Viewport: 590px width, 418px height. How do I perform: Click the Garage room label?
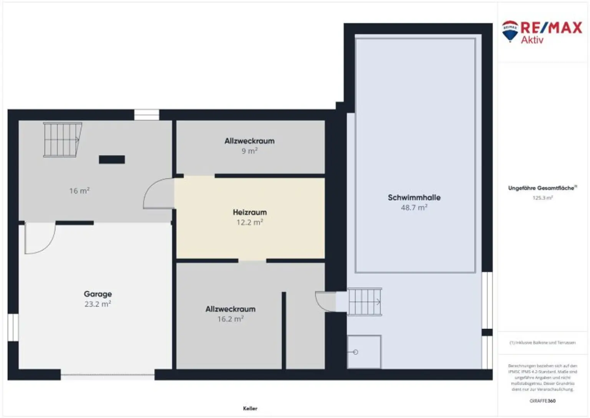[98, 294]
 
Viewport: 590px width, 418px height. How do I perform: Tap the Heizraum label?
[250, 212]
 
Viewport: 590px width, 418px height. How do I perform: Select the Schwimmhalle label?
[414, 198]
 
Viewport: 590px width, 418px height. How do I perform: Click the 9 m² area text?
[249, 151]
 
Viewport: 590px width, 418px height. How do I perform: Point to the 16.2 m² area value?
[230, 319]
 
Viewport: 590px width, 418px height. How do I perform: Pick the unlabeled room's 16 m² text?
[80, 191]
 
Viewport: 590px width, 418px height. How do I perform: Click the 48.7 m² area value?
[414, 208]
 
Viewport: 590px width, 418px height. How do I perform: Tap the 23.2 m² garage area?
[98, 304]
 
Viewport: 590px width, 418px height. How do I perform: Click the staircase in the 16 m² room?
[62, 140]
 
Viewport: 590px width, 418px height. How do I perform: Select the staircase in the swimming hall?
[365, 302]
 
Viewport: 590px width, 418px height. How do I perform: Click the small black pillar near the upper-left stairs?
[112, 159]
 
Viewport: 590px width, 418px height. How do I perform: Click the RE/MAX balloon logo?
[510, 31]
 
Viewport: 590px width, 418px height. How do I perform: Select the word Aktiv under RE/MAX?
[532, 40]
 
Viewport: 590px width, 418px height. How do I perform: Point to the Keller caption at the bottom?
[250, 408]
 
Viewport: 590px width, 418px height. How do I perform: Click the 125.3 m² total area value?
[542, 198]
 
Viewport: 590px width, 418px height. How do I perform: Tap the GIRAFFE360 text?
[542, 401]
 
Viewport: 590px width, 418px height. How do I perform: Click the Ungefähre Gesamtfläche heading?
[542, 188]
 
